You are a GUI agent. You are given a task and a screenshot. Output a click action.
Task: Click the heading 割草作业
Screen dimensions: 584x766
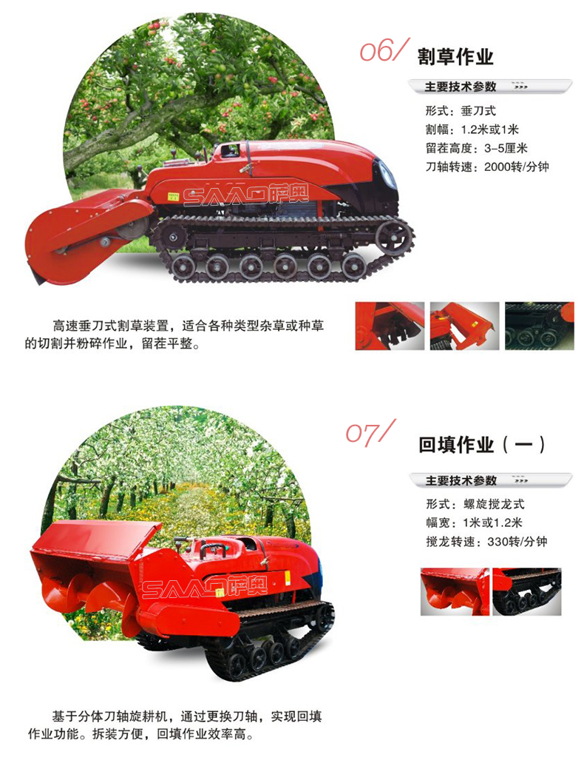pos(455,57)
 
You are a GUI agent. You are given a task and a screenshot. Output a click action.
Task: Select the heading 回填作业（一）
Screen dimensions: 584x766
pos(481,445)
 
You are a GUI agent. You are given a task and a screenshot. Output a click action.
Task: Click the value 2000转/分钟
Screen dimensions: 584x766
pos(517,167)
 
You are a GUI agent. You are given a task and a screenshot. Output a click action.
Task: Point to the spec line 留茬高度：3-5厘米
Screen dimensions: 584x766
pos(477,148)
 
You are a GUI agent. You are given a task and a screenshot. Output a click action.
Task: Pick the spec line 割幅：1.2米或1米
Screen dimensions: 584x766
pos(472,130)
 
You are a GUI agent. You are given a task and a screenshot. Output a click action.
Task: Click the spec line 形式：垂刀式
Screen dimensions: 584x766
pos(461,111)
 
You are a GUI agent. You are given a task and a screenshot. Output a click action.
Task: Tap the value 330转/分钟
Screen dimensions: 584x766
pos(517,542)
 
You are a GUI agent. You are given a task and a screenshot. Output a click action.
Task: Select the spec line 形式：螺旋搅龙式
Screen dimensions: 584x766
pos(475,504)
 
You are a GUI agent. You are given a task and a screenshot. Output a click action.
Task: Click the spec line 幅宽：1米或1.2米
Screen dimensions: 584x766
pos(475,523)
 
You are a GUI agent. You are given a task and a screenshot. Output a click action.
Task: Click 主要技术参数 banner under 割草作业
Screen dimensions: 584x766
pos(490,87)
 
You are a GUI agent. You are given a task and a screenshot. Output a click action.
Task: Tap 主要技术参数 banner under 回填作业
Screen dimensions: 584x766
pos(490,480)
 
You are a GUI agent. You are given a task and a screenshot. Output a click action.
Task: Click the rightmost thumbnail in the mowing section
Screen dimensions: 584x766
pos(539,326)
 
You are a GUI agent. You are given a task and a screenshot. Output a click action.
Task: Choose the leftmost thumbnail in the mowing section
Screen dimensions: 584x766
pos(390,326)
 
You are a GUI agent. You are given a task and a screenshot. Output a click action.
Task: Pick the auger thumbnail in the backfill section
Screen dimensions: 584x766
pos(455,591)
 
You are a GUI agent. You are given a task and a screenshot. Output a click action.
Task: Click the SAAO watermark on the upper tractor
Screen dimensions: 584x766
pos(245,196)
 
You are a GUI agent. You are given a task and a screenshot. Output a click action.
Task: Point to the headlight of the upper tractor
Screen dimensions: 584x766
pos(389,175)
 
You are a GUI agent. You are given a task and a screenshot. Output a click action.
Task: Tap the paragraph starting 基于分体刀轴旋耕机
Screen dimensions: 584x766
pos(174,725)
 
